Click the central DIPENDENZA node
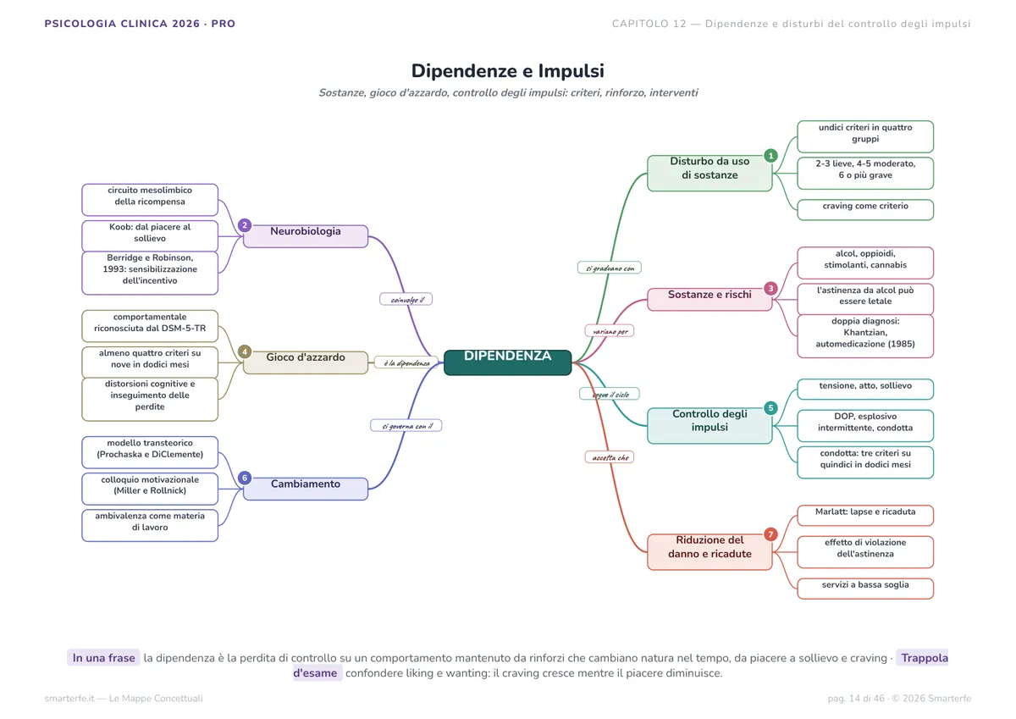click(507, 362)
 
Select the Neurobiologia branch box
click(306, 236)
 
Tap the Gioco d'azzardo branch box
click(306, 362)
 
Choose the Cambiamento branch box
click(306, 489)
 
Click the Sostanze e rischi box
click(710, 300)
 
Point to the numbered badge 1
click(770, 156)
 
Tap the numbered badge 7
click(770, 534)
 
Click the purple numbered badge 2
click(245, 225)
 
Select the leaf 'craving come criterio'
click(865, 209)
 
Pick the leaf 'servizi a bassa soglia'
click(865, 589)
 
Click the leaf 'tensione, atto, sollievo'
click(865, 390)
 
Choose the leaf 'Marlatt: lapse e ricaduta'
click(865, 515)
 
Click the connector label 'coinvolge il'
click(406, 300)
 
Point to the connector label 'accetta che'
click(609, 457)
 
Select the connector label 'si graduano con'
click(609, 268)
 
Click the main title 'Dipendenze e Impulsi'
click(507, 71)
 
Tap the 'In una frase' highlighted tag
click(104, 658)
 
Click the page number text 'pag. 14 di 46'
click(856, 698)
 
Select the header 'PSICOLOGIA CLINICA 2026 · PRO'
click(140, 24)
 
